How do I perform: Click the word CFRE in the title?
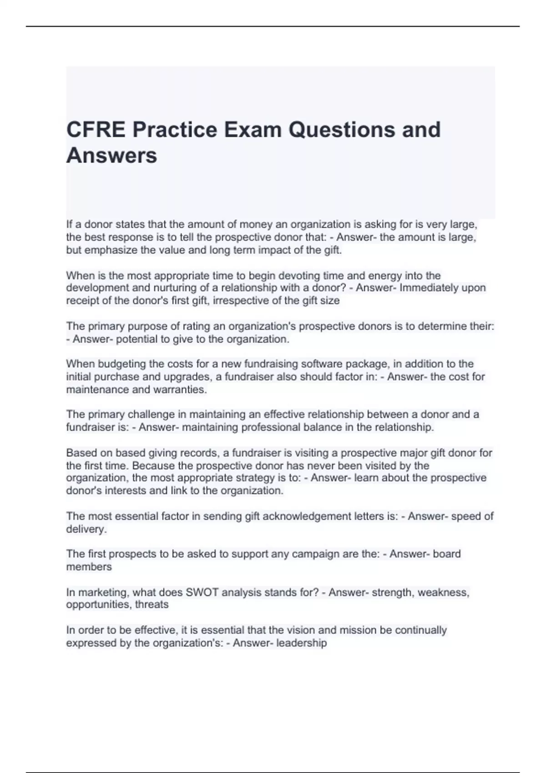coord(96,130)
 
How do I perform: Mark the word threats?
coord(152,605)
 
